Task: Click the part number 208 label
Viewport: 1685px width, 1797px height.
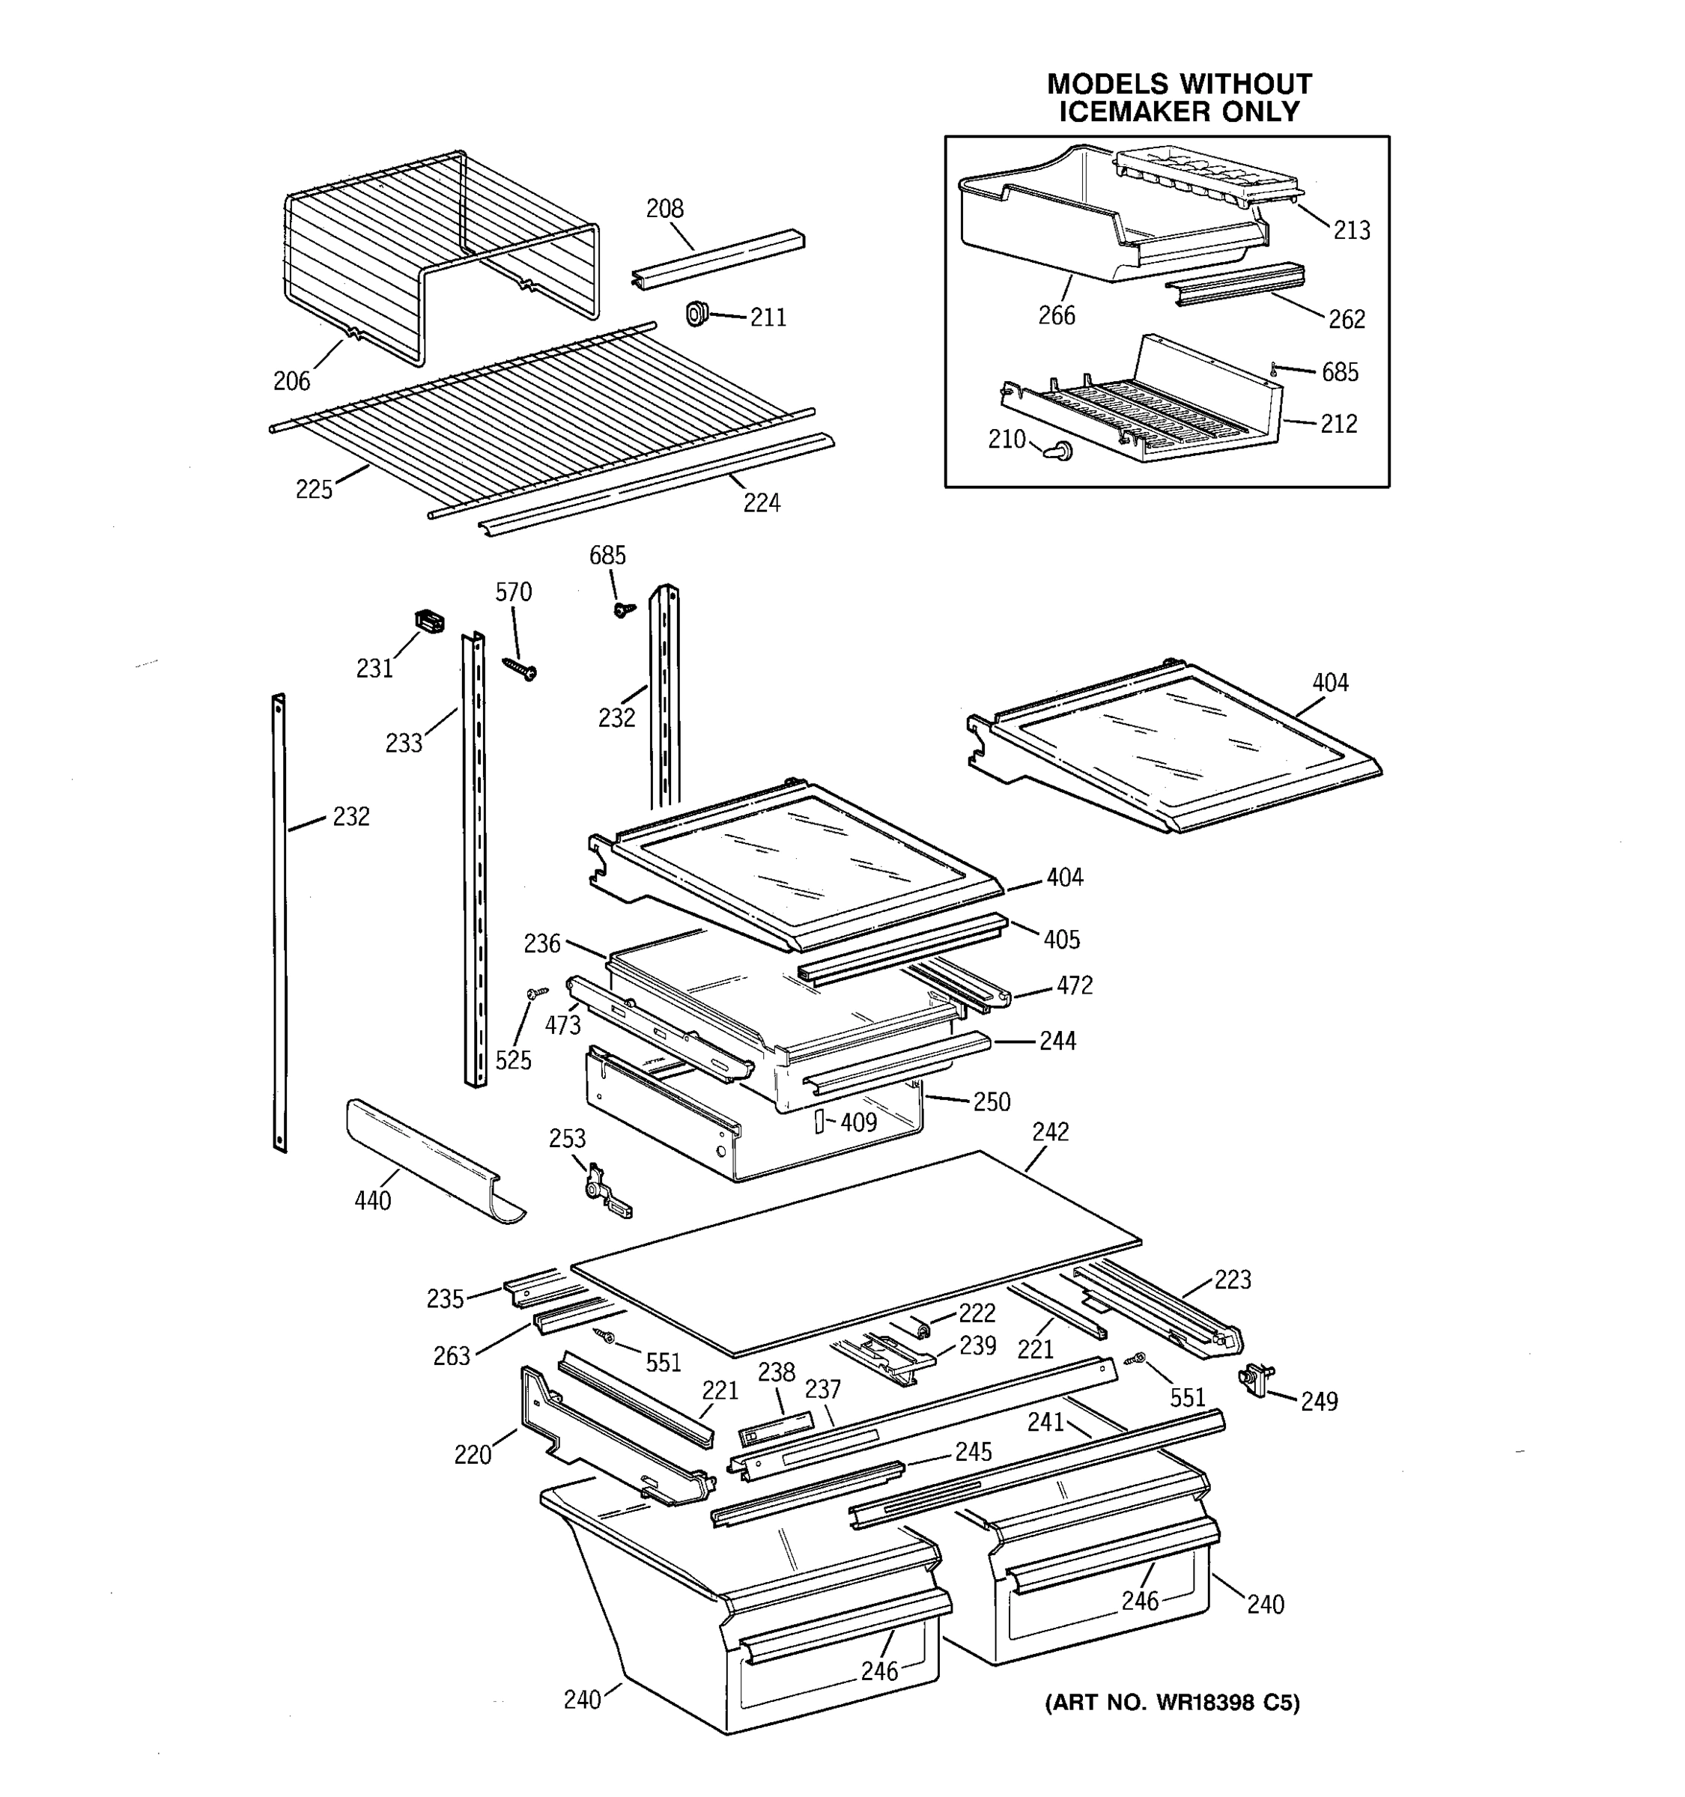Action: click(x=664, y=209)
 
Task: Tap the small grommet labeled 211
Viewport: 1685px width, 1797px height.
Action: click(x=695, y=314)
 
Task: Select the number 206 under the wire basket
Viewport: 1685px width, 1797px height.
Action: click(x=291, y=381)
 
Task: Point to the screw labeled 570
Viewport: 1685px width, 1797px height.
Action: click(x=520, y=668)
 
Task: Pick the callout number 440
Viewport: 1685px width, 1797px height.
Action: click(x=372, y=1200)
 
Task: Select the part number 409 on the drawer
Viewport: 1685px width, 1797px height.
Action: click(x=858, y=1122)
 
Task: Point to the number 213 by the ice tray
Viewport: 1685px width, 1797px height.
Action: click(x=1352, y=231)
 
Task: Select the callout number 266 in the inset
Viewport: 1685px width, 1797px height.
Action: click(x=1056, y=315)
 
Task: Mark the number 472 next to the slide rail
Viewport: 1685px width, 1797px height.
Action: click(x=1074, y=985)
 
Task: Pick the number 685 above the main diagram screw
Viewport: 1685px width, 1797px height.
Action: click(x=607, y=555)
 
